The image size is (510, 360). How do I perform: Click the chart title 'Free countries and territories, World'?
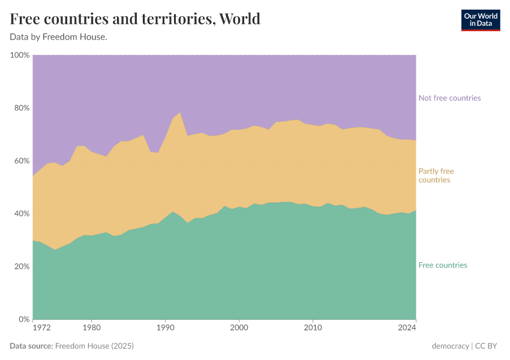(x=135, y=19)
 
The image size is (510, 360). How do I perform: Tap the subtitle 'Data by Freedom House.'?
(x=58, y=37)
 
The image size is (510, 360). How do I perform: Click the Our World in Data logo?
(x=480, y=20)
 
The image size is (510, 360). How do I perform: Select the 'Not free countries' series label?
(x=449, y=98)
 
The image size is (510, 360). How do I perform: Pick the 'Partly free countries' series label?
(x=436, y=175)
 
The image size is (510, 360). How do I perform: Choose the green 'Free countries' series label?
(x=442, y=265)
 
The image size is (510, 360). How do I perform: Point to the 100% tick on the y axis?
(x=20, y=55)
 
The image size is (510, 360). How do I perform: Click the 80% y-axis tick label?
(x=21, y=108)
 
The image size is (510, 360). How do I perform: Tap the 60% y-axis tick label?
(x=21, y=161)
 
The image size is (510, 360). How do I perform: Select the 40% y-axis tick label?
(x=21, y=214)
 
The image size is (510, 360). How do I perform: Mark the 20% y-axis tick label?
(x=21, y=266)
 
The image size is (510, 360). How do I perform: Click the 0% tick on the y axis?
(x=23, y=319)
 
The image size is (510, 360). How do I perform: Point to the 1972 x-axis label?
(x=41, y=328)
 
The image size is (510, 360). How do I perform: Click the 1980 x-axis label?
(x=91, y=328)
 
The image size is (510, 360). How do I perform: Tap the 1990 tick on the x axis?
(x=165, y=328)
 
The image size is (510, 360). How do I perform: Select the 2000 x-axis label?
(x=239, y=328)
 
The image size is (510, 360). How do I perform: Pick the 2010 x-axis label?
(x=312, y=328)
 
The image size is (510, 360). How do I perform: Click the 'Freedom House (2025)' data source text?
(x=94, y=346)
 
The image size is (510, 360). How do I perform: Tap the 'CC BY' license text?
(x=488, y=346)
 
